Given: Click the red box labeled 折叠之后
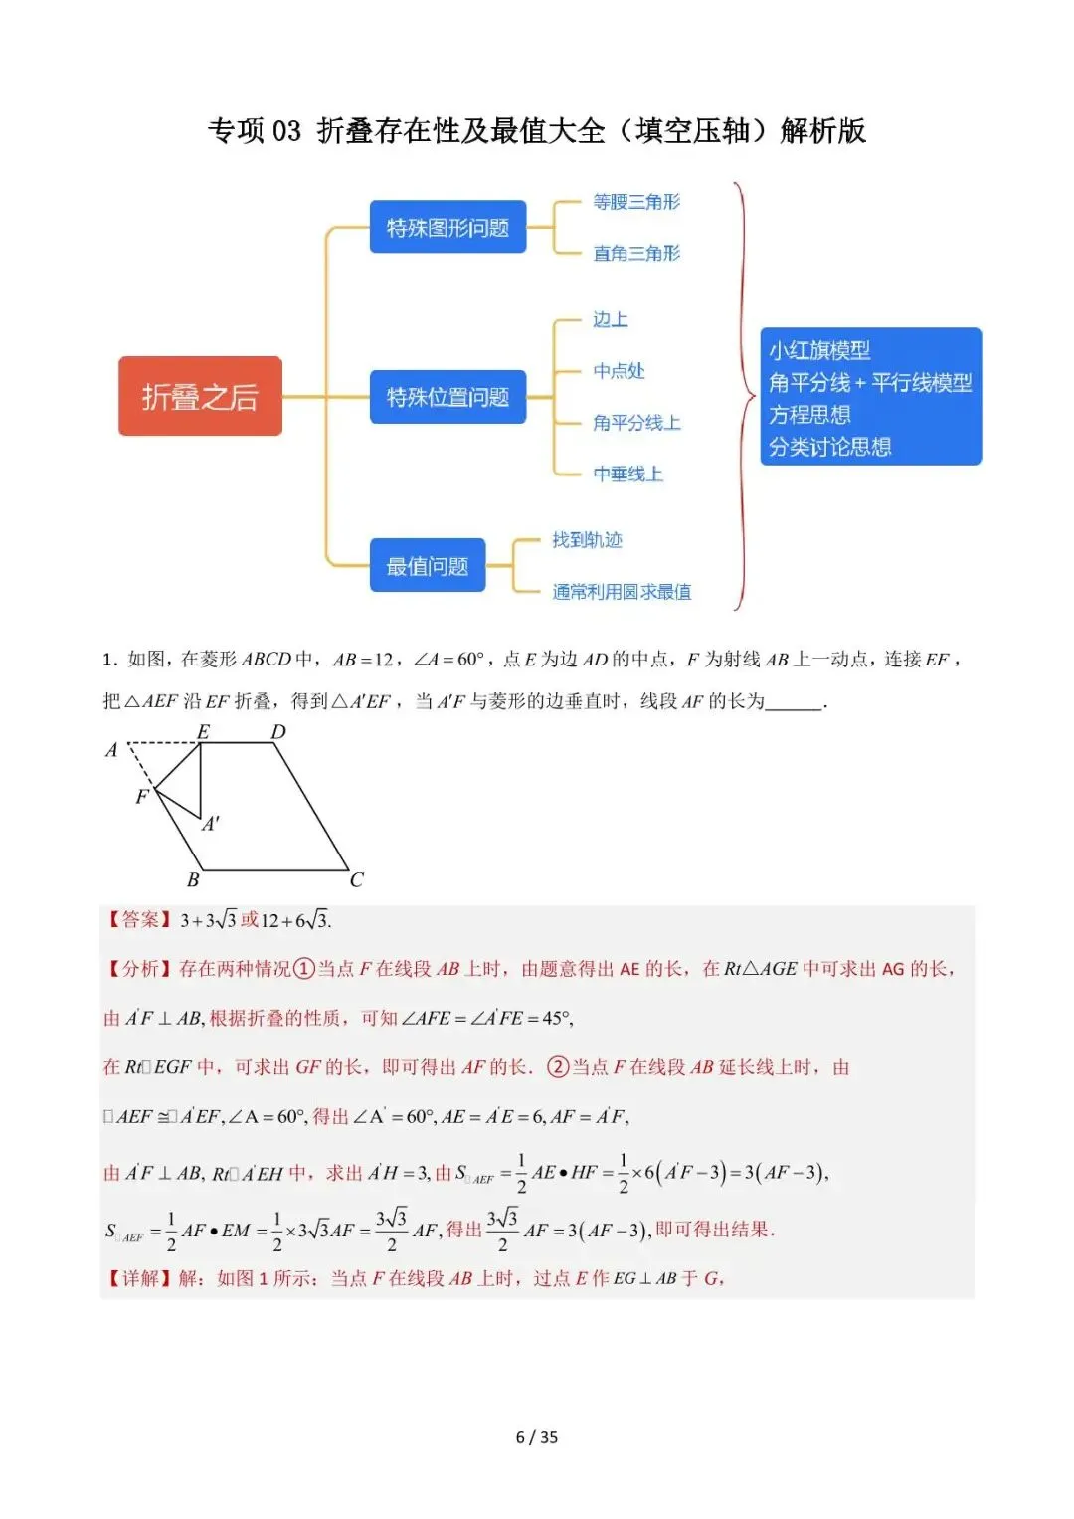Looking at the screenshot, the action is (x=200, y=396).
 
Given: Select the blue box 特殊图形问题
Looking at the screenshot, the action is (x=447, y=228).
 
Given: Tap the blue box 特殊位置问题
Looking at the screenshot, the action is (x=447, y=397).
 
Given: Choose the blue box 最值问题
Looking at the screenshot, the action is (x=428, y=566).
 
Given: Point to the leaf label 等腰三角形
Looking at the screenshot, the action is (x=636, y=202).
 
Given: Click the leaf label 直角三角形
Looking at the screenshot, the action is (x=636, y=254).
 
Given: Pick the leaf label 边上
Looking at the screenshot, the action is (x=611, y=319).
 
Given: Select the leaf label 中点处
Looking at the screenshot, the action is (x=619, y=371).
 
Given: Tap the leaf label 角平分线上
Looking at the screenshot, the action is (x=636, y=423).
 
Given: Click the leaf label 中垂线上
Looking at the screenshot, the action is (x=627, y=475).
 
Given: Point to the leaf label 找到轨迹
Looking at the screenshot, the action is (x=587, y=540).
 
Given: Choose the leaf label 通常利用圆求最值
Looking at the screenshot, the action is (x=622, y=592).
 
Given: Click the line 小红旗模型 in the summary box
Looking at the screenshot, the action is (x=819, y=350).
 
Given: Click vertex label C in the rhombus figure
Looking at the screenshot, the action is (x=356, y=880).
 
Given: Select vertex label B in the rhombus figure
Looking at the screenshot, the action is (x=193, y=880).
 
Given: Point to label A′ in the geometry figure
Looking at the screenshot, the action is (x=211, y=824).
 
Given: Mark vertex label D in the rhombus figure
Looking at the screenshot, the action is (x=278, y=732).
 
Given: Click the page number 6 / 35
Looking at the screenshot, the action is (x=537, y=1437).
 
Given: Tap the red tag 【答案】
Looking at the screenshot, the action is (x=139, y=920).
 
